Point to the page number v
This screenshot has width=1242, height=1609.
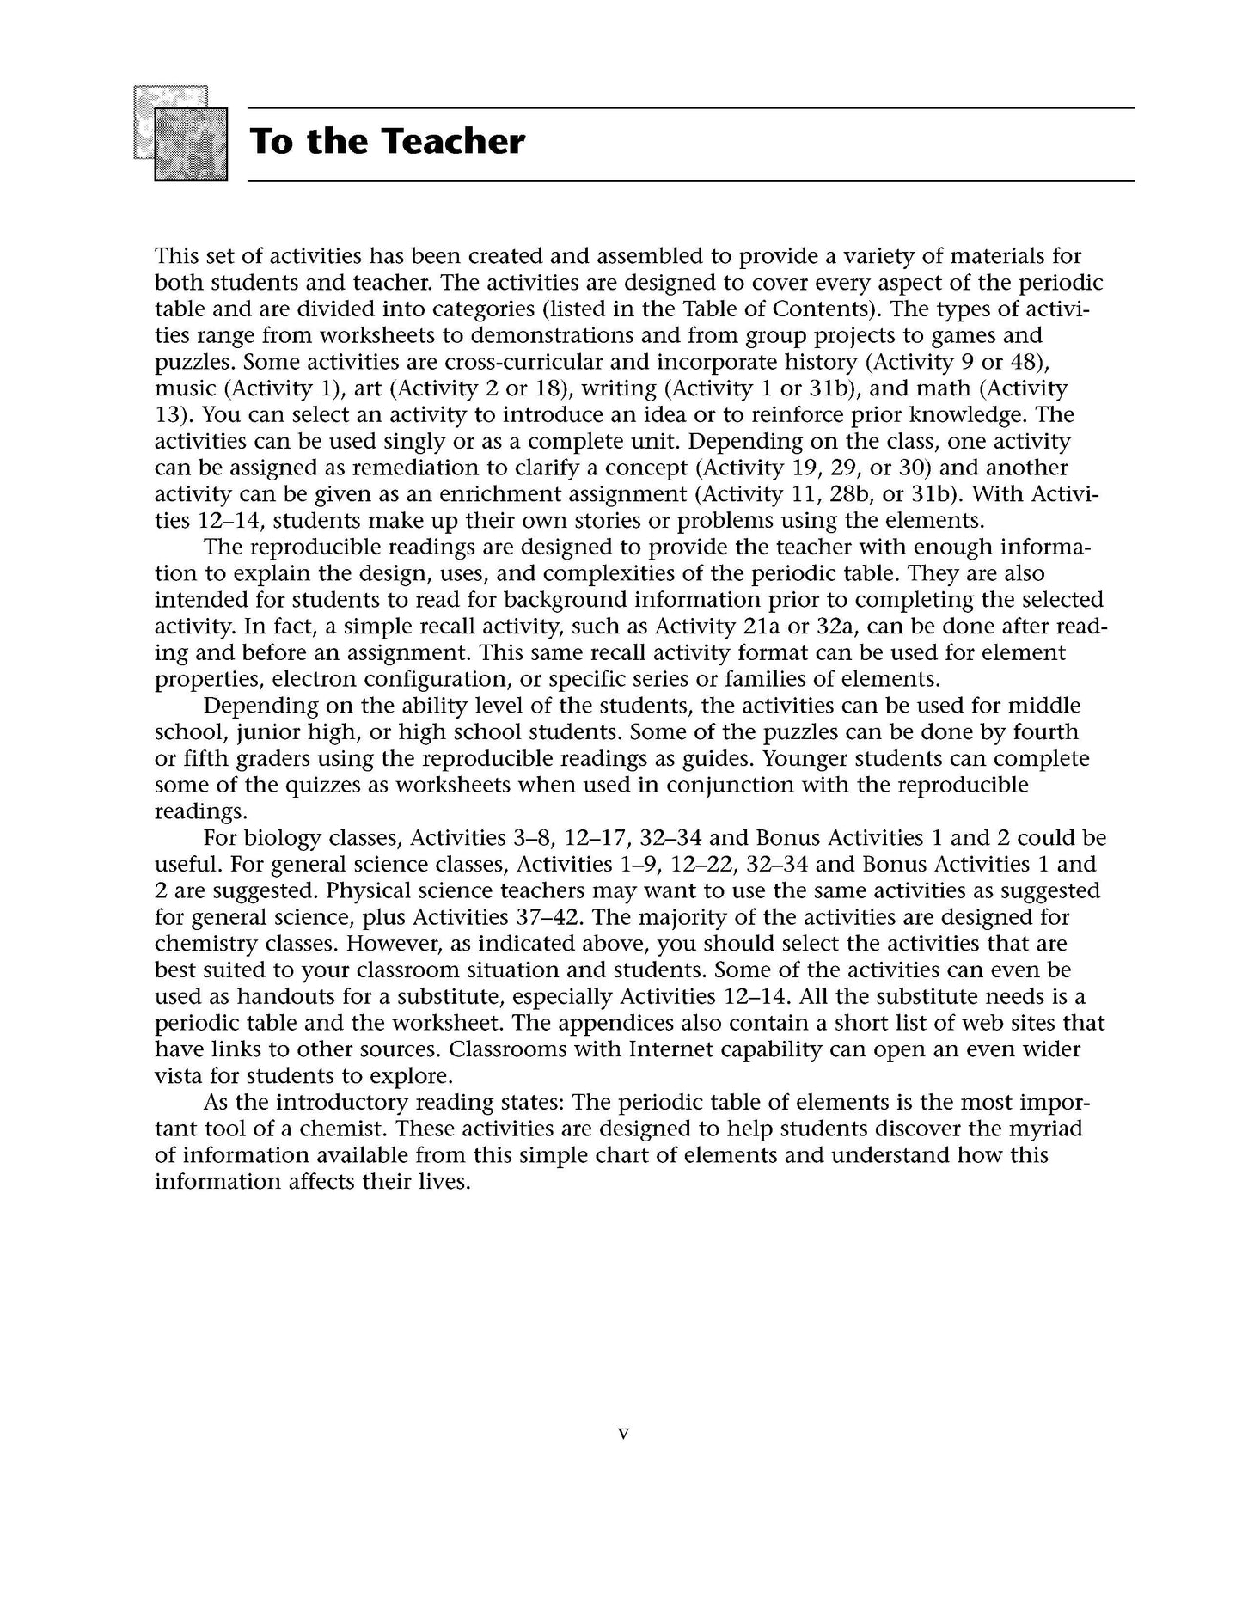624,1433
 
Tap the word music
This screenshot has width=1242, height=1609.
185,388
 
